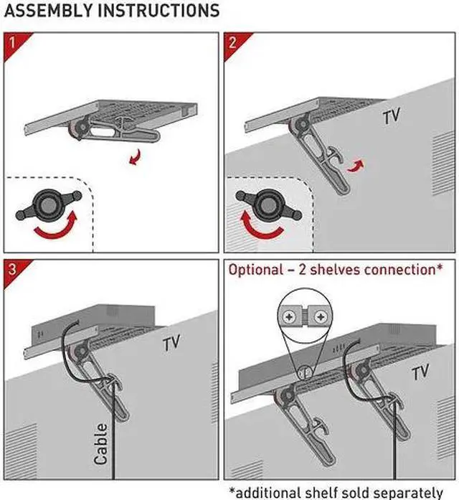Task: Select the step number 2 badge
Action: pos(232,41)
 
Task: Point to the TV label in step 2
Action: pos(392,116)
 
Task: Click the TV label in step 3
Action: pos(171,343)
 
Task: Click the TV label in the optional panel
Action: pos(420,372)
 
